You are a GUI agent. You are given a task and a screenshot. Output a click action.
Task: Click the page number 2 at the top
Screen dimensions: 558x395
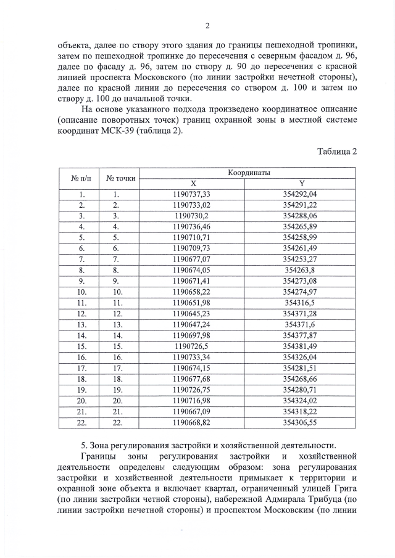[207, 25]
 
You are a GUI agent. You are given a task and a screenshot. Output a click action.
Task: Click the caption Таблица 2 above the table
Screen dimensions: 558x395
[337, 152]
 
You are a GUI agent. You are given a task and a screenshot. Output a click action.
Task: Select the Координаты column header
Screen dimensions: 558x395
[249, 174]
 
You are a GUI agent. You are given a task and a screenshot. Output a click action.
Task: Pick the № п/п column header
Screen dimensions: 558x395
[80, 179]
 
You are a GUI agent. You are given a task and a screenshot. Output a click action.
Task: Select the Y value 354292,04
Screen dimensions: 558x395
[300, 194]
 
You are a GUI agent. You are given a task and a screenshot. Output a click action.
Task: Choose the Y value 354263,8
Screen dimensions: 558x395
[300, 269]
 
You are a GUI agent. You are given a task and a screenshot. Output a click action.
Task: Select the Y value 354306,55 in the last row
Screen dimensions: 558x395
[300, 423]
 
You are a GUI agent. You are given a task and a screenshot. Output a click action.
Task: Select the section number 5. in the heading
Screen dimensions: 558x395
[84, 445]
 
